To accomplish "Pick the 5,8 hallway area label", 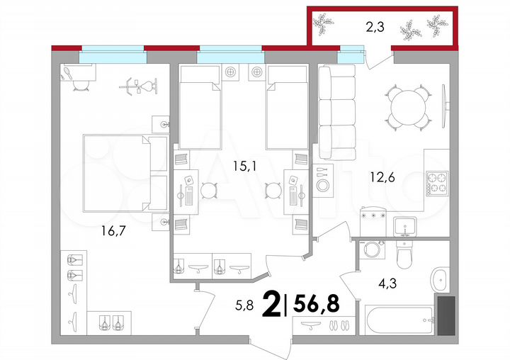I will point(244,307).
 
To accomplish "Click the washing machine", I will point(373,252).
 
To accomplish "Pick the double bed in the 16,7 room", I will point(117,173).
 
